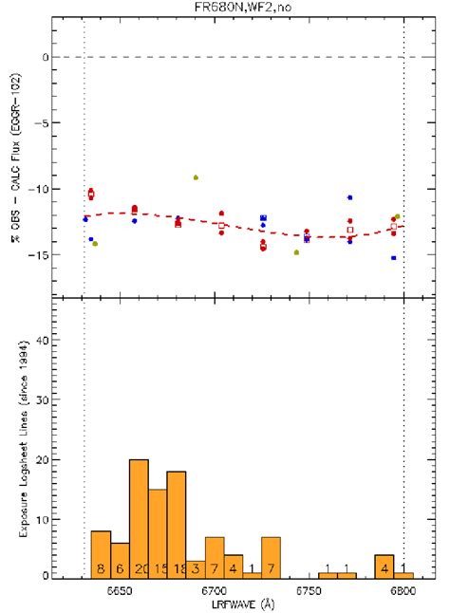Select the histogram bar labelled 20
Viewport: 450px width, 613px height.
(x=139, y=518)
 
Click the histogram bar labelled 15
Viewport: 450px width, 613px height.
(x=158, y=532)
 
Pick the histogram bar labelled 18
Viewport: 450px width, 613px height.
(x=177, y=524)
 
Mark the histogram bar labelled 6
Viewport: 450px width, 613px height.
(x=120, y=559)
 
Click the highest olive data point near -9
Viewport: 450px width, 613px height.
(x=196, y=177)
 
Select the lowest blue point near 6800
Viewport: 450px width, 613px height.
(x=393, y=258)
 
